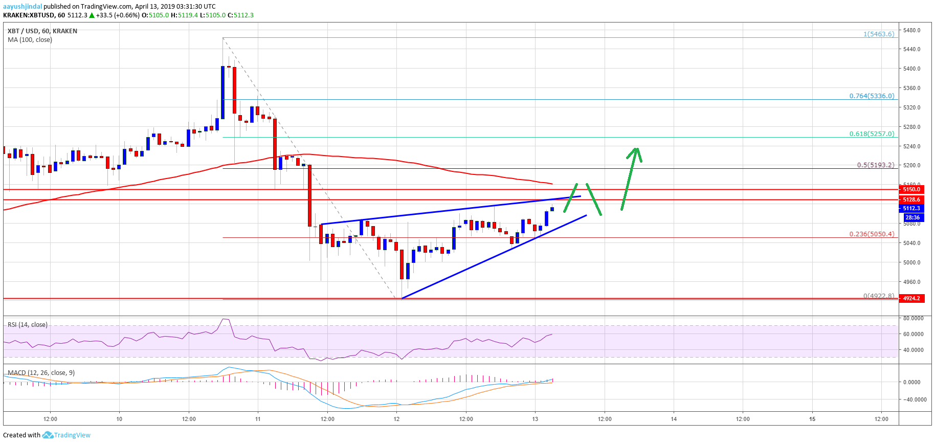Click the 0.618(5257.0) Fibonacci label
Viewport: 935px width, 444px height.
click(x=872, y=134)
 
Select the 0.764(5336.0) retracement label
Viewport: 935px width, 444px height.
click(x=872, y=96)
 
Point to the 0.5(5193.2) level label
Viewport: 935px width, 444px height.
click(x=875, y=165)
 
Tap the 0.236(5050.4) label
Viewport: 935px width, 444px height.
click(x=872, y=234)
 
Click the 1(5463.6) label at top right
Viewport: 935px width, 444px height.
click(x=879, y=34)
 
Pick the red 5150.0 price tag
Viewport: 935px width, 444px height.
click(x=911, y=189)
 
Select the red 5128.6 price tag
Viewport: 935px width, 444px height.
click(x=911, y=199)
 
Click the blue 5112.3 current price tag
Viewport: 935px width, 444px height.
click(x=911, y=208)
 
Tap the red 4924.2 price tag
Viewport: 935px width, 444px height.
click(x=911, y=298)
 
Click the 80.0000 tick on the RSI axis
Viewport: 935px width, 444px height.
click(x=913, y=318)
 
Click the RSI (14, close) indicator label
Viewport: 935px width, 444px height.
click(x=28, y=325)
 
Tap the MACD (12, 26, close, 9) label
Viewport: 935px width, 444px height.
click(x=41, y=373)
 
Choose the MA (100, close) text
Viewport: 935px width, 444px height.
click(x=30, y=40)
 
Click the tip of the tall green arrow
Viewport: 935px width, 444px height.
click(x=636, y=148)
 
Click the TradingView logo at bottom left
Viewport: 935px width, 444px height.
click(x=66, y=435)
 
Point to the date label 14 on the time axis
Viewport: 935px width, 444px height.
click(x=674, y=419)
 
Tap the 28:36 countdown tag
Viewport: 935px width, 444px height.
click(x=912, y=217)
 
